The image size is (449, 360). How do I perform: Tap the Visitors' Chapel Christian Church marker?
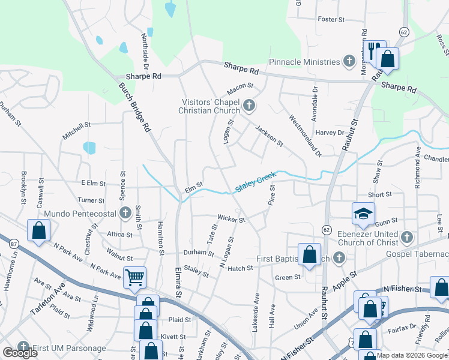[x=249, y=107]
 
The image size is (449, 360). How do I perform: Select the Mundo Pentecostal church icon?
[x=125, y=213]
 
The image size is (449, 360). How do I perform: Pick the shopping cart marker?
[x=134, y=277]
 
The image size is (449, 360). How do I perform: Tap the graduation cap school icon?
[x=363, y=212]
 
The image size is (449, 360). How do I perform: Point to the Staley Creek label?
[x=255, y=182]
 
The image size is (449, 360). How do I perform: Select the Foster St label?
[x=331, y=19]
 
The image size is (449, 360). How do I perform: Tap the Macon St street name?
[x=238, y=91]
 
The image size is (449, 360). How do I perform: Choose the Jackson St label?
[x=268, y=135]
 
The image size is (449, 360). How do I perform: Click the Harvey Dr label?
[x=330, y=133]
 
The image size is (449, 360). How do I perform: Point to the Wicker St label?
[x=231, y=220]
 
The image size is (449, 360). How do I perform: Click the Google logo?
[x=20, y=353]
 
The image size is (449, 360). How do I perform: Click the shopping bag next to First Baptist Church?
[x=309, y=254]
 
